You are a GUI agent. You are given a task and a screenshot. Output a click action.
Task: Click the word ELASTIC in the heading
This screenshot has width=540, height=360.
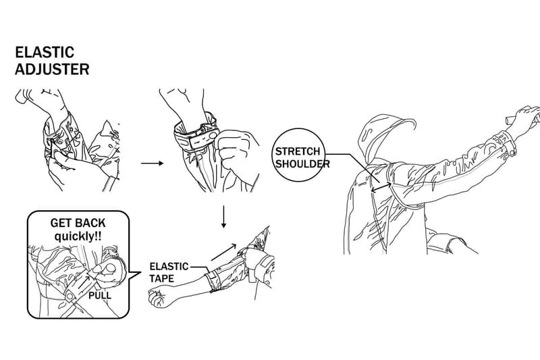click(45, 53)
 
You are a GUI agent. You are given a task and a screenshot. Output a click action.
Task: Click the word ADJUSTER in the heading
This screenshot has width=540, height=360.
click(52, 70)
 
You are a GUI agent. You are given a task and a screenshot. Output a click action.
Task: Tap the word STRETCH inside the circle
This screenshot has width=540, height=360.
click(298, 151)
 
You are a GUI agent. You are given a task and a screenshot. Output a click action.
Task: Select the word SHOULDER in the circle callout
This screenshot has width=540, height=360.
click(302, 163)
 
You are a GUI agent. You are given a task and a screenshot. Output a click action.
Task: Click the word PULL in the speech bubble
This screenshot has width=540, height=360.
click(100, 296)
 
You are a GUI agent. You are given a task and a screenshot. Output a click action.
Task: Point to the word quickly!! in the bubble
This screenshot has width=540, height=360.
click(78, 237)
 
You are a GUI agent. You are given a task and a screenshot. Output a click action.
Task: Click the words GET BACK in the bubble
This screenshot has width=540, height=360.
click(78, 224)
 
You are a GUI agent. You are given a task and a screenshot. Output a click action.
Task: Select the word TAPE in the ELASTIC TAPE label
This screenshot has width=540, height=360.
click(162, 278)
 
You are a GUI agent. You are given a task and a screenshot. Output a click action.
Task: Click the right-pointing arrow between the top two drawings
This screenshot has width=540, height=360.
click(153, 163)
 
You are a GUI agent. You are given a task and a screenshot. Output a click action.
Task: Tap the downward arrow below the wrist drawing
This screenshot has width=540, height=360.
click(224, 217)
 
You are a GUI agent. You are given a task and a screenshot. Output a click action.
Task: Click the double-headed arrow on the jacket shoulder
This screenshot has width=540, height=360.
click(381, 187)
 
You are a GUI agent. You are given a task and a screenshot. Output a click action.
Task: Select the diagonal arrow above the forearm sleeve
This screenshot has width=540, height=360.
click(223, 252)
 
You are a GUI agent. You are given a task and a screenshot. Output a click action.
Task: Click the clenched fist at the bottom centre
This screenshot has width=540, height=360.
click(159, 298)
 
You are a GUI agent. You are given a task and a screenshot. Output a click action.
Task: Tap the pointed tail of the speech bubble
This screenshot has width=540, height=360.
click(134, 275)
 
